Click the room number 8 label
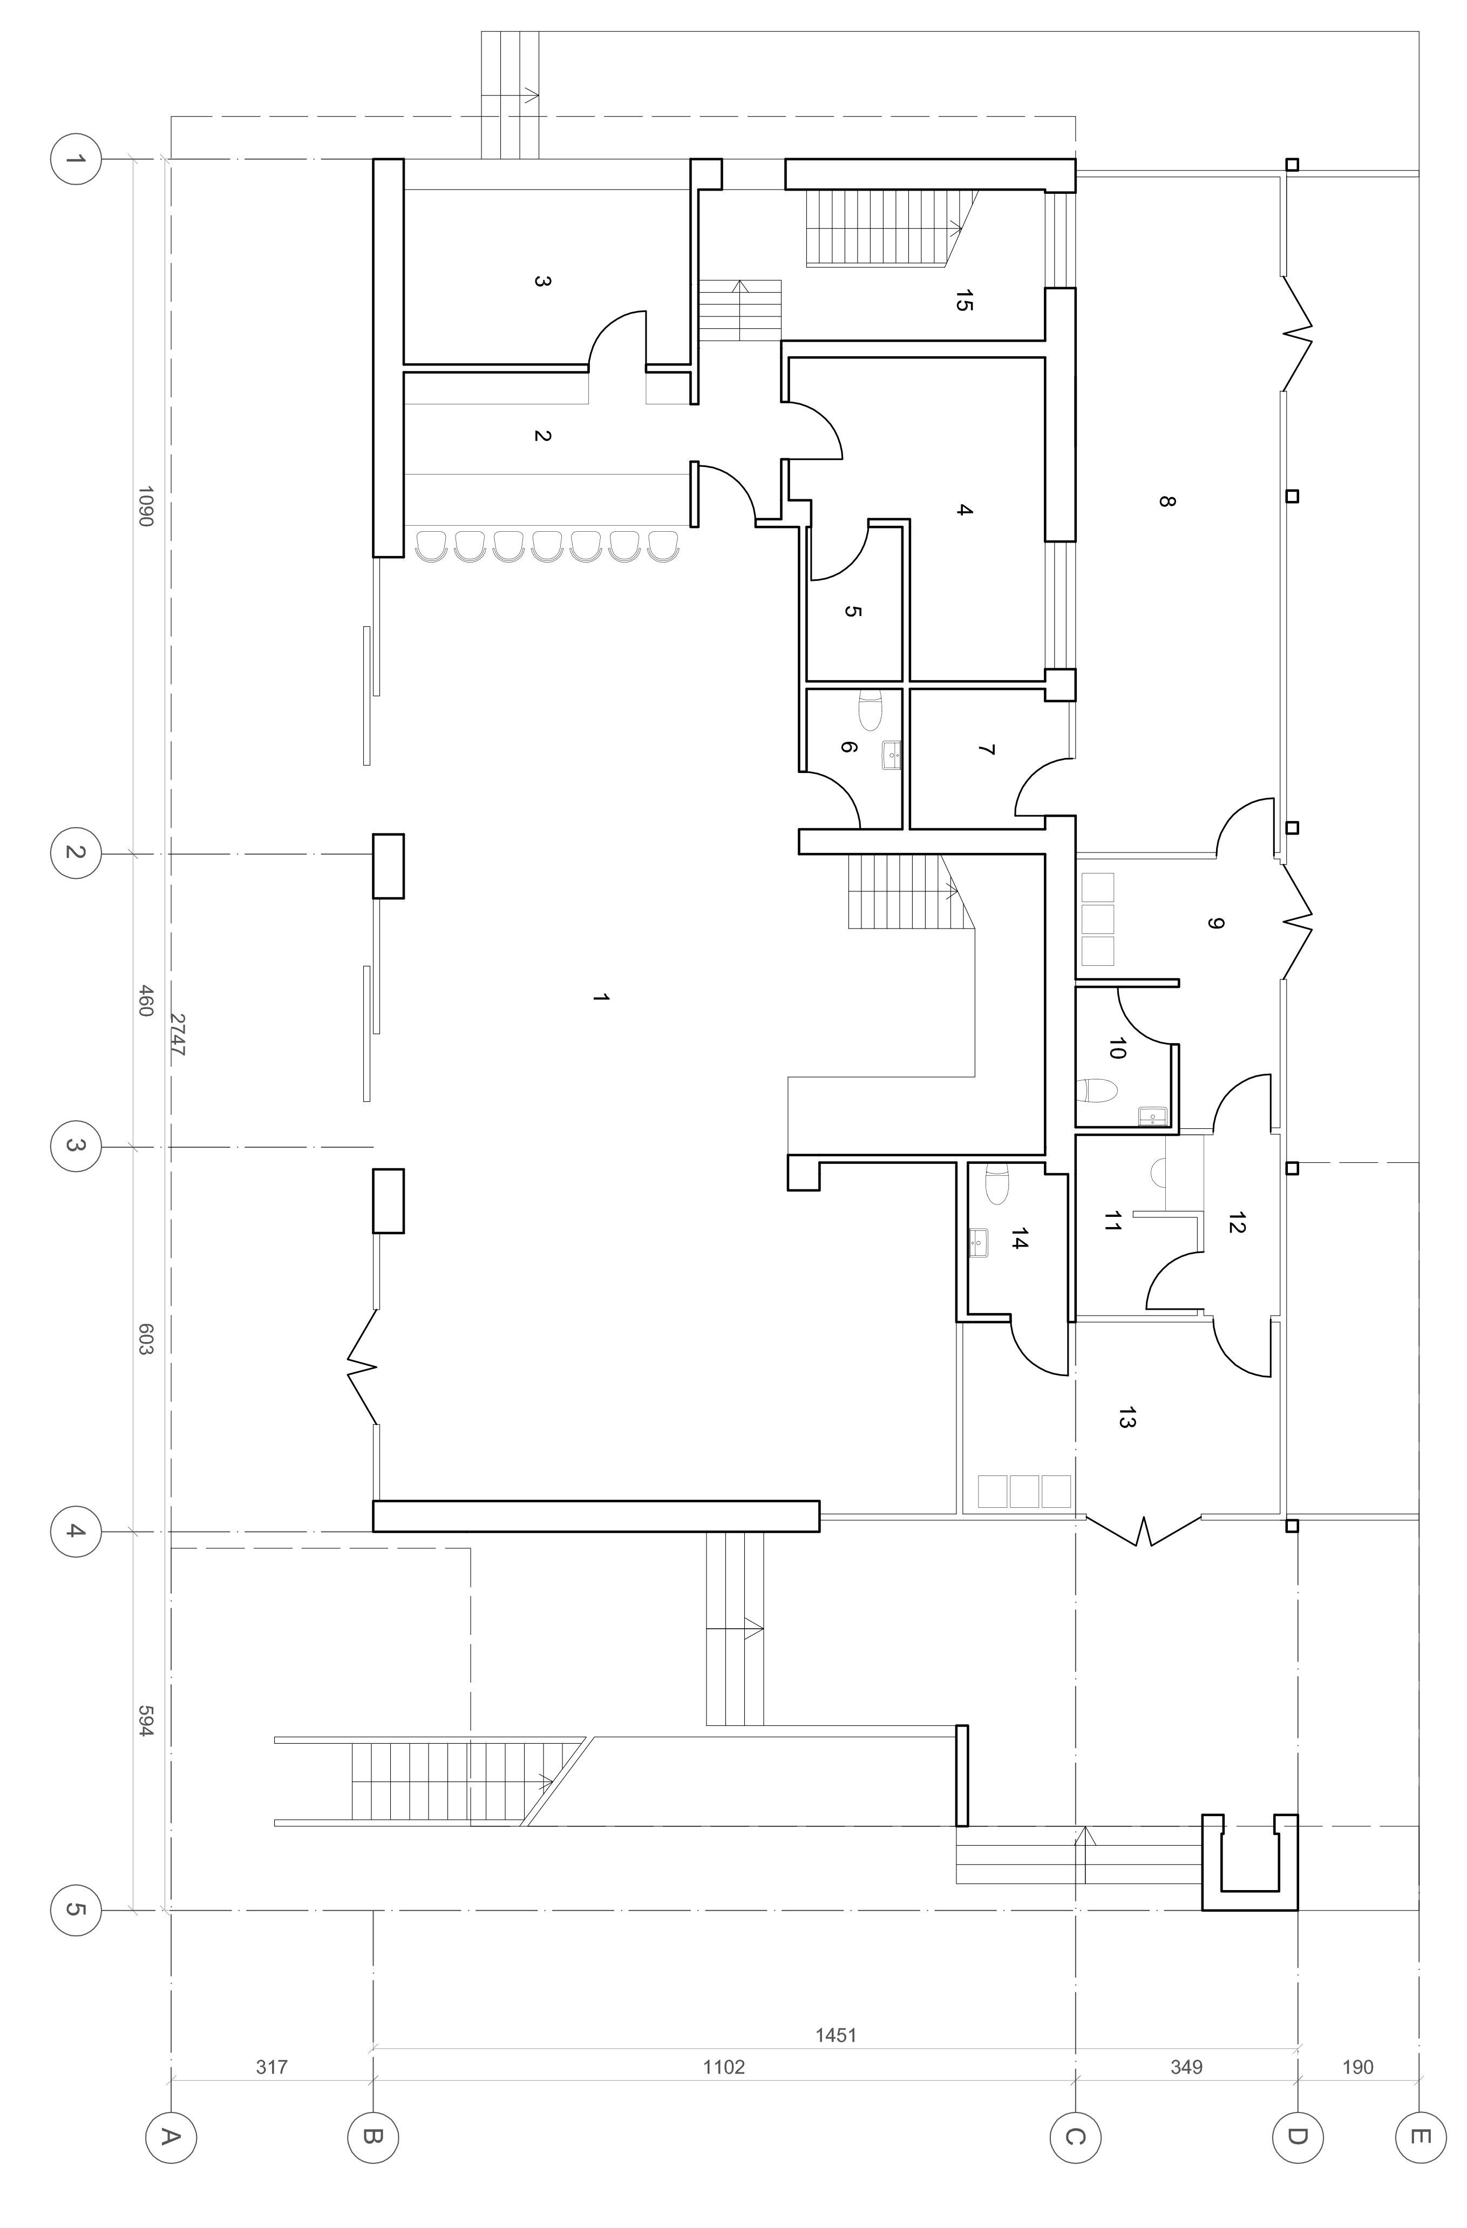tap(1165, 501)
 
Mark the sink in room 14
tap(979, 1241)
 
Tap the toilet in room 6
tap(871, 709)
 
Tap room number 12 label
tap(1236, 1223)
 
